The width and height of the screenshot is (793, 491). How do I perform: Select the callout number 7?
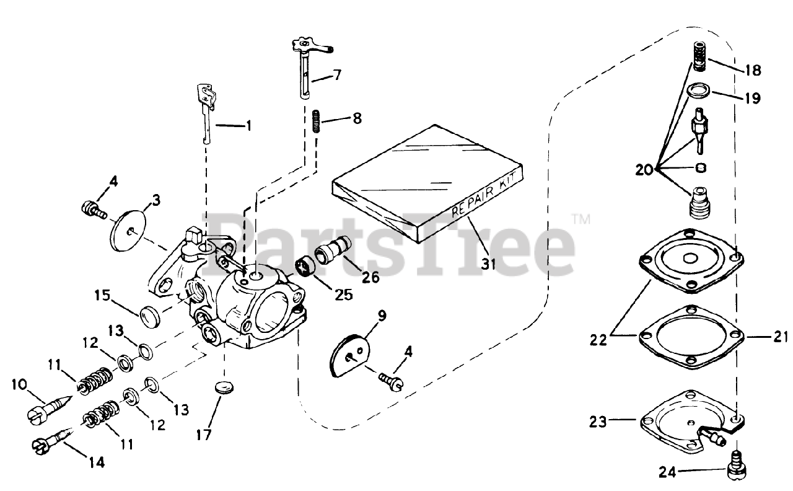[336, 75]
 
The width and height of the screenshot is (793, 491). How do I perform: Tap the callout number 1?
[248, 126]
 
